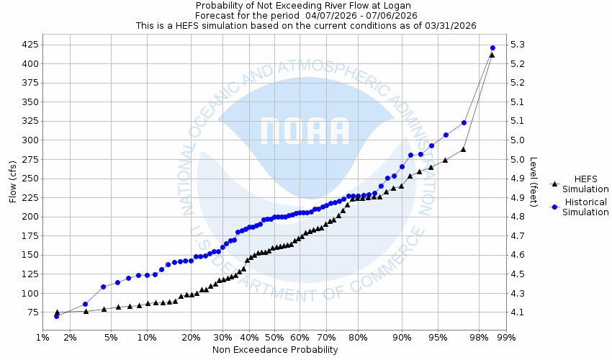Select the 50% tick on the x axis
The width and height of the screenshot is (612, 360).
click(x=275, y=337)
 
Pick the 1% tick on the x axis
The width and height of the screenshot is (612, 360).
click(x=42, y=337)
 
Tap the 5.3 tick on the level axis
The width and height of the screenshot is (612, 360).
click(x=517, y=45)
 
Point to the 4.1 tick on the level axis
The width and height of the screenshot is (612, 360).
click(x=517, y=312)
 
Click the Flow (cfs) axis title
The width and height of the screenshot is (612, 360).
click(x=12, y=181)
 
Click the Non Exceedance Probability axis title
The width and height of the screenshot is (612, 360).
click(x=275, y=350)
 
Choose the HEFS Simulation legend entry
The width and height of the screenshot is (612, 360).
click(x=580, y=184)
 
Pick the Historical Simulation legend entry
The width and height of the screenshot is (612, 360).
click(x=580, y=207)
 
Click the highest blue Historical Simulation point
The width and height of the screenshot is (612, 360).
click(x=492, y=48)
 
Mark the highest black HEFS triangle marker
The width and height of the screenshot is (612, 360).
click(x=492, y=55)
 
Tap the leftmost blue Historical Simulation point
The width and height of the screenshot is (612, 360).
click(x=56, y=316)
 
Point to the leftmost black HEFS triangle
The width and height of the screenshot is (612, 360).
click(x=57, y=312)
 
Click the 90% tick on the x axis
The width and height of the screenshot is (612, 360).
click(x=402, y=337)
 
